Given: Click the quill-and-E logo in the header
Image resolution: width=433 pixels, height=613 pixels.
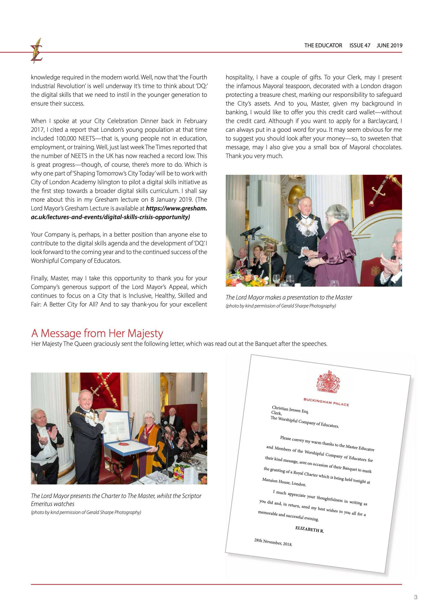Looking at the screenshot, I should point(36,50).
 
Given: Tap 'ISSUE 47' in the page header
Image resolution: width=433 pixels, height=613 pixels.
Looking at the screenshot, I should point(360,45).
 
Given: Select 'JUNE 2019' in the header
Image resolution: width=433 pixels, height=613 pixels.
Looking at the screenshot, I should point(389,45).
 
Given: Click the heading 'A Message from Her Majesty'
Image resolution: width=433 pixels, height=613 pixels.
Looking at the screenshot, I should point(97,333).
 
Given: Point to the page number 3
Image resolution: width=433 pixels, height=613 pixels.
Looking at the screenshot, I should point(415,597).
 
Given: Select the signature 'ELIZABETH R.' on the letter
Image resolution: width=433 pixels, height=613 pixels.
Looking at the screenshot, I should point(310,530).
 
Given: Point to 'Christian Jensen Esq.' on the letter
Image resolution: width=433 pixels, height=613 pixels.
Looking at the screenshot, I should point(290,410).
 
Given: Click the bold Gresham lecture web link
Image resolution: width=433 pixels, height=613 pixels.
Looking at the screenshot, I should point(119,213).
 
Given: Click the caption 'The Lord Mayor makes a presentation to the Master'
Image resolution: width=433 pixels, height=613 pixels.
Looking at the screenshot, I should point(289,298).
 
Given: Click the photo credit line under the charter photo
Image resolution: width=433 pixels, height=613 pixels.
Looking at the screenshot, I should point(86,512).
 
